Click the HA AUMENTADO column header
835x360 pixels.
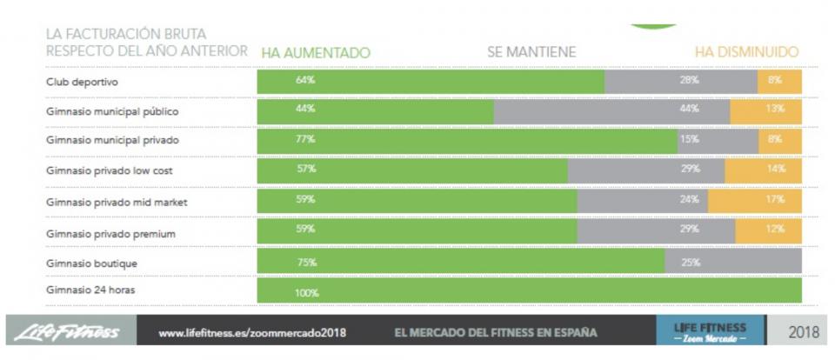[316, 53]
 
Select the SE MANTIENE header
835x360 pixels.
[531, 52]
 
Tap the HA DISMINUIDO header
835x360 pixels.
[746, 52]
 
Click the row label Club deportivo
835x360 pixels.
[83, 82]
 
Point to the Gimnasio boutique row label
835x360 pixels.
[91, 263]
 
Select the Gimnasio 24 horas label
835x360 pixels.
[90, 290]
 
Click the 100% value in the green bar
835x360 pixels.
[306, 293]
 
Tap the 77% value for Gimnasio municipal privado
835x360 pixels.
[304, 139]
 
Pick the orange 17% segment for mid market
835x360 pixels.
[755, 199]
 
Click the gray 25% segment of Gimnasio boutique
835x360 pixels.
[732, 262]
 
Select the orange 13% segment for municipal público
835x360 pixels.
[765, 109]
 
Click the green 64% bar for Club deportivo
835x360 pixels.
[431, 81]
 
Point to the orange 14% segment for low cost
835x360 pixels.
[763, 169]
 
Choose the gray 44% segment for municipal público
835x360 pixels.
[611, 109]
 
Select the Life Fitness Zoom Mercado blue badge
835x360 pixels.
[710, 332]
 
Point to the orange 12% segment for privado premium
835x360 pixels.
[768, 230]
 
